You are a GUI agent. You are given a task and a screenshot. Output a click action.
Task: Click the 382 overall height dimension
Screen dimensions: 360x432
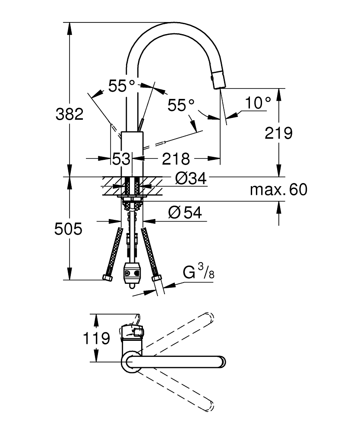[69, 114]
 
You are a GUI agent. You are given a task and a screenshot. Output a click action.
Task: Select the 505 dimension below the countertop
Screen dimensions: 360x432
[68, 229]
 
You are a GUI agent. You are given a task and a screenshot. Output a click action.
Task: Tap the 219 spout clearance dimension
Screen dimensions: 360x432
[278, 133]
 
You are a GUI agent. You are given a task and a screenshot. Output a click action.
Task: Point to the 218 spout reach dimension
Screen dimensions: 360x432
[176, 159]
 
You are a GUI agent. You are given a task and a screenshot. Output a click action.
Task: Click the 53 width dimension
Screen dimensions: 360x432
[121, 159]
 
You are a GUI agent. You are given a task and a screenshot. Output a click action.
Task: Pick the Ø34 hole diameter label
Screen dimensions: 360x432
[191, 178]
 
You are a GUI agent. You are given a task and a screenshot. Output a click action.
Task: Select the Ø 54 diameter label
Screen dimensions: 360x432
[185, 213]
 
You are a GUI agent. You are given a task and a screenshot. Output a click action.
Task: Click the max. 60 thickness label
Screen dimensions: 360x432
[278, 190]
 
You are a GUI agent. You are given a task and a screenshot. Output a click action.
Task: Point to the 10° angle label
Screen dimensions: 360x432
[258, 103]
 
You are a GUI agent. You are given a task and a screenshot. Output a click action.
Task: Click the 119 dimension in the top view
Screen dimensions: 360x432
[96, 338]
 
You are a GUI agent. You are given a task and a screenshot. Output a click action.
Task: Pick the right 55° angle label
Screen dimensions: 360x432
[181, 105]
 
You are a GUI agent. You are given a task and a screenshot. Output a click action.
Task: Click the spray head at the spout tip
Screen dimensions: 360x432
[218, 79]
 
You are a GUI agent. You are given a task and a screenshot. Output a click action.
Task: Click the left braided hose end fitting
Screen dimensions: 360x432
[107, 277]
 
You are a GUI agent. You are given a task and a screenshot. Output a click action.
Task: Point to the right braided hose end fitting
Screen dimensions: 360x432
[157, 277]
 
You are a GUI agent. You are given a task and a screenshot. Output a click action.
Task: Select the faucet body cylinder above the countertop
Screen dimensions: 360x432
[132, 154]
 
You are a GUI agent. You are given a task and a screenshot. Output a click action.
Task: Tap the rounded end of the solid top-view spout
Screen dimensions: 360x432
[222, 362]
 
